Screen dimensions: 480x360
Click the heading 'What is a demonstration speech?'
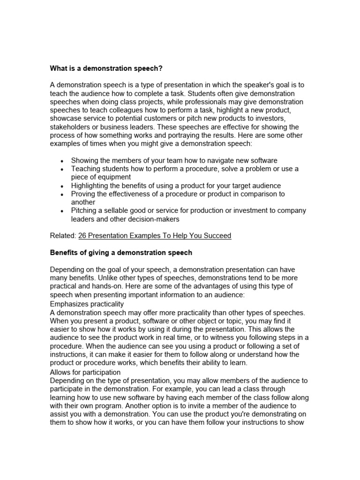(106, 68)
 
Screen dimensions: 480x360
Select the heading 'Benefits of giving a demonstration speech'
(121, 253)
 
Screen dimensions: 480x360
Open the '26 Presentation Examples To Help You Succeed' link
(155, 235)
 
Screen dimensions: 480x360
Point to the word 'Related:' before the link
(63, 235)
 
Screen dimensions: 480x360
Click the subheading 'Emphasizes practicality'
(87, 304)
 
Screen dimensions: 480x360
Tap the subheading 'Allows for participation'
(85, 372)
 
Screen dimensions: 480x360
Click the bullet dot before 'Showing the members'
(62, 161)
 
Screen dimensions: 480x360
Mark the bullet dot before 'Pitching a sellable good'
(62, 211)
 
